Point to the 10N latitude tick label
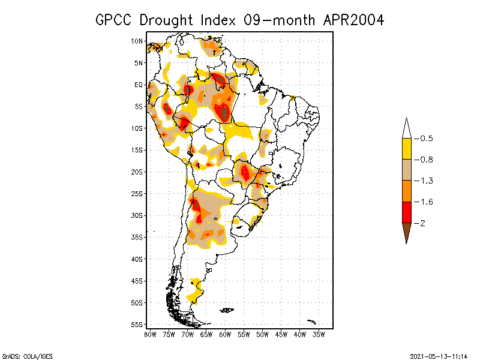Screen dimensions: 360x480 point(137,41)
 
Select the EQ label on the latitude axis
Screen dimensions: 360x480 point(139,85)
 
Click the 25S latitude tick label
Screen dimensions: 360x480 point(137,194)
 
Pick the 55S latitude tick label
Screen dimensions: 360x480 point(137,325)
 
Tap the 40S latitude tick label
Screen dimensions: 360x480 point(137,259)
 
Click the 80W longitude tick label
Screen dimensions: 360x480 point(150,334)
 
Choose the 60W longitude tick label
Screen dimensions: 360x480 point(225,334)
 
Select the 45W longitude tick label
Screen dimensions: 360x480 point(281,334)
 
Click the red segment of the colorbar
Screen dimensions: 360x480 point(406,212)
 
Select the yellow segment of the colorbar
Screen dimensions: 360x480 point(406,149)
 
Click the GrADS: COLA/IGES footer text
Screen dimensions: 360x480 point(22,356)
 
